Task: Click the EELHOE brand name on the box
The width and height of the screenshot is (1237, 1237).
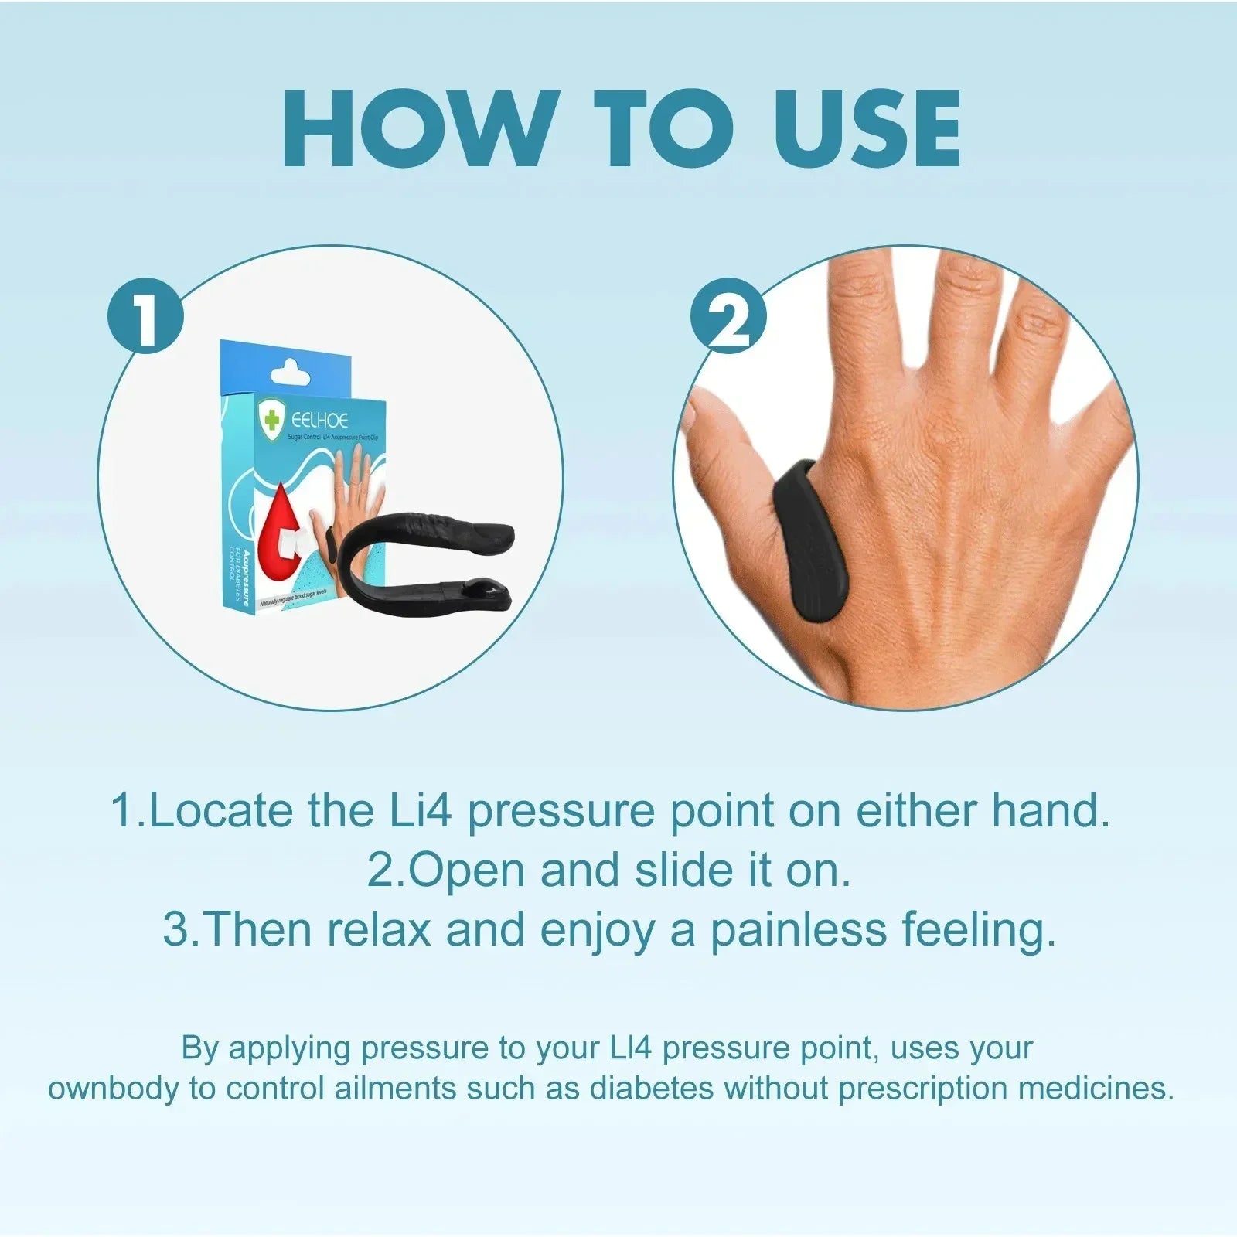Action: click(x=319, y=421)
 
